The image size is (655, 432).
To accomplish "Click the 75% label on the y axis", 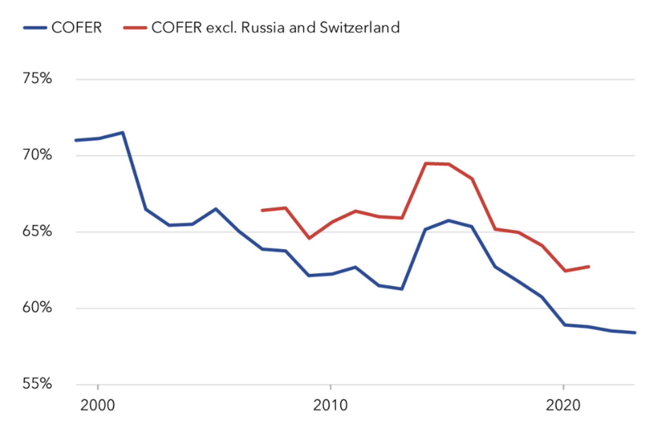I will click(37, 78).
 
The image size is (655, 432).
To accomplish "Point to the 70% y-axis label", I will click(37, 155).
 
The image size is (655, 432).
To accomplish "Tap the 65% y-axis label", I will click(37, 231).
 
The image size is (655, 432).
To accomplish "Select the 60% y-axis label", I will click(37, 307).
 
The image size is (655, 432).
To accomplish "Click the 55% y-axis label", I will click(37, 383).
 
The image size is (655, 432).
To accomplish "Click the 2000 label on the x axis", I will click(97, 405).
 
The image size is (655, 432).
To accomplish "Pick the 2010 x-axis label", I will click(330, 405).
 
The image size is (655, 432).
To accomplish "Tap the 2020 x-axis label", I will click(563, 405).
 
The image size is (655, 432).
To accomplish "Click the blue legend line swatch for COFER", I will click(35, 28).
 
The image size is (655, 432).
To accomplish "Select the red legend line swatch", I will click(135, 28).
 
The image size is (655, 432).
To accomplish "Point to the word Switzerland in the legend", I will click(359, 28).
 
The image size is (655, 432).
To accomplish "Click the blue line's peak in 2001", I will click(122, 133).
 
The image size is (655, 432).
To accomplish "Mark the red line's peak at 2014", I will click(426, 163).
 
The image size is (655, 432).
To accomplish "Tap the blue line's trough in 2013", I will click(402, 289).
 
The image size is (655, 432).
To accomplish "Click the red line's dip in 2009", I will click(309, 238).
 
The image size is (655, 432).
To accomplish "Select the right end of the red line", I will click(589, 267).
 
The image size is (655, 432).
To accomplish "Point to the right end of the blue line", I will click(635, 333).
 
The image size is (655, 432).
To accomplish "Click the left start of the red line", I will click(262, 210).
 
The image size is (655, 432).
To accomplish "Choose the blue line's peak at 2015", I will click(448, 220).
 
